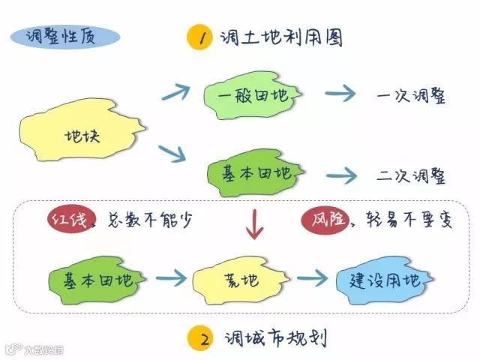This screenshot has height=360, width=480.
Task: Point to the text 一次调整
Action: point(411,97)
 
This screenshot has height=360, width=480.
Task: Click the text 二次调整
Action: point(411,176)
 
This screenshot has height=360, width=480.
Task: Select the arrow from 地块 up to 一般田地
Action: point(176,93)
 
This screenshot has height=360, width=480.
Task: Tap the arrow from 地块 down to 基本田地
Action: point(173,154)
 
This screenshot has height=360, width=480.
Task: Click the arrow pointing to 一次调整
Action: point(340,95)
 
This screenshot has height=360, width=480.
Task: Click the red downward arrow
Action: point(256,223)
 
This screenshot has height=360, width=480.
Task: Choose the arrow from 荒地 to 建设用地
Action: point(312,278)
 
